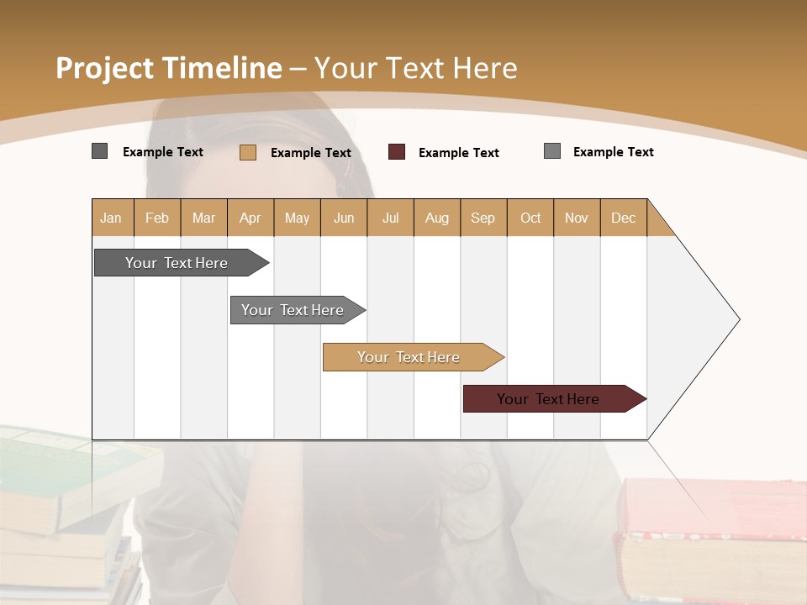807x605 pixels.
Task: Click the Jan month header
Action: [112, 218]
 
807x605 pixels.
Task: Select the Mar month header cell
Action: [203, 218]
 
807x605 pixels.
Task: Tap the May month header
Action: [297, 218]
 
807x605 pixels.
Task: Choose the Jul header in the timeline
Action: [390, 218]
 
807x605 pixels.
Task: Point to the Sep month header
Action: [483, 218]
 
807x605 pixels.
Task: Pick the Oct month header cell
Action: [530, 218]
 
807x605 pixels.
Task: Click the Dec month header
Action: [623, 218]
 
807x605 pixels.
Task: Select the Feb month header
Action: [157, 218]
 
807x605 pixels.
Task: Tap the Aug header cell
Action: [436, 218]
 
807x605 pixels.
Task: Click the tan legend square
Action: [247, 152]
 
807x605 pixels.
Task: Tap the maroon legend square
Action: [397, 152]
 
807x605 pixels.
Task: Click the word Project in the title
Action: [105, 68]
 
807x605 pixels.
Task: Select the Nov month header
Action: [577, 218]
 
